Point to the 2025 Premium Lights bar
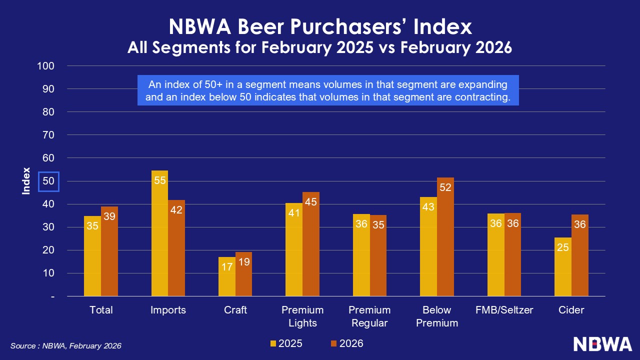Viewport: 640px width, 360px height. click(x=294, y=249)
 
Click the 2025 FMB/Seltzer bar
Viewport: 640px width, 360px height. click(x=496, y=255)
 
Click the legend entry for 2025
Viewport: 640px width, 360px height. click(x=286, y=343)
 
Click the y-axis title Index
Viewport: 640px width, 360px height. click(x=26, y=181)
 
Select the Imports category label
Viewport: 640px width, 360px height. click(x=168, y=310)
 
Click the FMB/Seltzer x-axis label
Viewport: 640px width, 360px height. click(x=504, y=310)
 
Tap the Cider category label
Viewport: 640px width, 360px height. click(x=571, y=310)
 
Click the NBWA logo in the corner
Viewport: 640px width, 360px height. click(x=602, y=344)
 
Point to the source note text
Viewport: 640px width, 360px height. click(x=66, y=345)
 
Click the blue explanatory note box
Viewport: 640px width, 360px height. click(x=328, y=90)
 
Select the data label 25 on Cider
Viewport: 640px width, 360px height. click(x=563, y=247)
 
